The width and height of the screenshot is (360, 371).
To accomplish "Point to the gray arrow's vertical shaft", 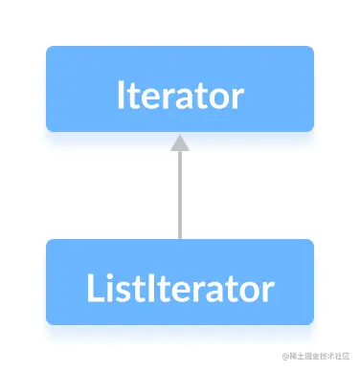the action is point(180,191).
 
